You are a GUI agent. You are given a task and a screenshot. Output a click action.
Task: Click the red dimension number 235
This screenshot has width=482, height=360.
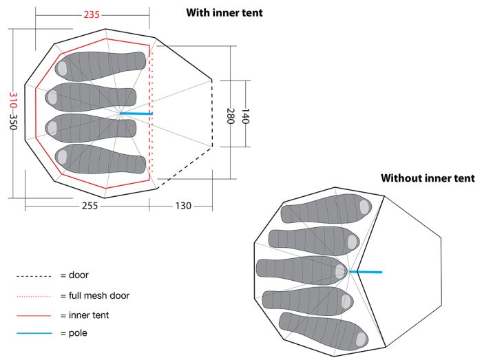tap(92, 14)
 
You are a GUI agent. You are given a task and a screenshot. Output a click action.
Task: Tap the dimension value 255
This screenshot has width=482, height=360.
tap(90, 206)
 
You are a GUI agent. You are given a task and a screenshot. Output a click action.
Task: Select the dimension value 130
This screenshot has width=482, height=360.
tap(183, 206)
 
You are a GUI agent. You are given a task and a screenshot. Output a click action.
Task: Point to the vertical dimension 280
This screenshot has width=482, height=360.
tap(231, 116)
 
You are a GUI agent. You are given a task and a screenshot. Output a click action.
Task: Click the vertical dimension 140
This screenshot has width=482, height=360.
tap(245, 116)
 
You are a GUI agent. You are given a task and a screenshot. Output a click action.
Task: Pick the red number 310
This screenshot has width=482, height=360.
tap(13, 100)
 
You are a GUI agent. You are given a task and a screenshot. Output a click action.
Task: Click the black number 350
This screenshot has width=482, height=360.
tap(13, 122)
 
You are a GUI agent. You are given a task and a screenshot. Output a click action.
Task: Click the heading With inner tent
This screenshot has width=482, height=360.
tap(224, 13)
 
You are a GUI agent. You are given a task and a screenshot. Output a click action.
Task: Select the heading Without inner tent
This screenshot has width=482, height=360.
tap(428, 178)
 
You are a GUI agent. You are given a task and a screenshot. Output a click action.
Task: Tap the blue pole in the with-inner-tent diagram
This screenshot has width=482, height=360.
tap(136, 114)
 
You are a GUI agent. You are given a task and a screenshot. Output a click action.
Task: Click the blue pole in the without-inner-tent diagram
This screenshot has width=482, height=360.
tap(366, 272)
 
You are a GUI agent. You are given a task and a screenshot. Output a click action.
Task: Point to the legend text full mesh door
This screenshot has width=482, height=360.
tap(99, 295)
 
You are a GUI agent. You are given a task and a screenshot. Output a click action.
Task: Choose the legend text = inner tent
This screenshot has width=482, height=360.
tap(85, 315)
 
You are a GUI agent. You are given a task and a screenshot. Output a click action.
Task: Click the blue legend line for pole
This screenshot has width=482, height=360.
tap(34, 333)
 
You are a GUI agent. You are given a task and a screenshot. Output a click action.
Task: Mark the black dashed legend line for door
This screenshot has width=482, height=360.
tap(34, 276)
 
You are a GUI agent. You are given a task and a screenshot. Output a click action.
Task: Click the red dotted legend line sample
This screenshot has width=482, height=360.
tap(34, 297)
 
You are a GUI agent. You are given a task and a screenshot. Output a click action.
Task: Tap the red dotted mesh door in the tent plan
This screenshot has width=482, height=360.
tap(151, 112)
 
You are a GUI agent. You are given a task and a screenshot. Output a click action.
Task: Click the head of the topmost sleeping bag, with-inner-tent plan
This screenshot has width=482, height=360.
tap(62, 69)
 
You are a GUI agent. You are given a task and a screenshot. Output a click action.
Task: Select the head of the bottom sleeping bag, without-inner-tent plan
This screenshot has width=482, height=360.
tap(361, 339)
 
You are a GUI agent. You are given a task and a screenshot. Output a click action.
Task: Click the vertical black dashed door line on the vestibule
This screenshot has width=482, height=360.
tap(212, 113)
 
